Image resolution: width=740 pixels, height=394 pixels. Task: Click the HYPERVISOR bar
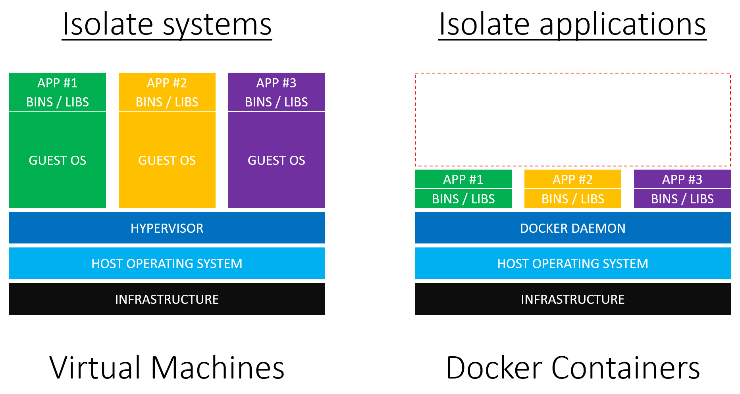pyautogui.click(x=167, y=228)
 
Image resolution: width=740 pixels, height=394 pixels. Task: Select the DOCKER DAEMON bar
pyautogui.click(x=572, y=228)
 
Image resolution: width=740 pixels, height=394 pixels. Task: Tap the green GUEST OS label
pyautogui.click(x=58, y=160)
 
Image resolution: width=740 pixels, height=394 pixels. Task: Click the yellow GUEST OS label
pyautogui.click(x=167, y=160)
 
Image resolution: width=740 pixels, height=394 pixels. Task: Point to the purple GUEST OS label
pyautogui.click(x=276, y=160)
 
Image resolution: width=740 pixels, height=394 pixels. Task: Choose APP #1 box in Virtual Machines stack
pyautogui.click(x=58, y=83)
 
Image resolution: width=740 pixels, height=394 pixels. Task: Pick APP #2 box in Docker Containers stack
pyautogui.click(x=572, y=179)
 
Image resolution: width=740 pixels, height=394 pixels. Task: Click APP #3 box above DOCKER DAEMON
pyautogui.click(x=682, y=179)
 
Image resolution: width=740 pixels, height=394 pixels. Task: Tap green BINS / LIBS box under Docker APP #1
pyautogui.click(x=463, y=199)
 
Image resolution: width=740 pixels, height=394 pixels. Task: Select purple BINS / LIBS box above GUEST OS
pyautogui.click(x=276, y=102)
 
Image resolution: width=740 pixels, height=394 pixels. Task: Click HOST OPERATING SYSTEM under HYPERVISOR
pyautogui.click(x=167, y=263)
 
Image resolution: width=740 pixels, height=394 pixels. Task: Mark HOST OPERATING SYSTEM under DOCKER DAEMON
pyautogui.click(x=572, y=263)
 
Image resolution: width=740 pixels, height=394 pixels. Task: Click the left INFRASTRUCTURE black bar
pyautogui.click(x=167, y=299)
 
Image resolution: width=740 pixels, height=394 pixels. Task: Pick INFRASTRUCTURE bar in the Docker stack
pyautogui.click(x=572, y=299)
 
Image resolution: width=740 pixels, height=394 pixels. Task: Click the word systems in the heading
pyautogui.click(x=217, y=25)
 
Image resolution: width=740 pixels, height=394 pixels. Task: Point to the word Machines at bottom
pyautogui.click(x=218, y=367)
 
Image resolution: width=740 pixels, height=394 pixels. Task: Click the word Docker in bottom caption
pyautogui.click(x=494, y=367)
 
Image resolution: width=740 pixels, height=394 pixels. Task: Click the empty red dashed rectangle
pyautogui.click(x=572, y=120)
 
